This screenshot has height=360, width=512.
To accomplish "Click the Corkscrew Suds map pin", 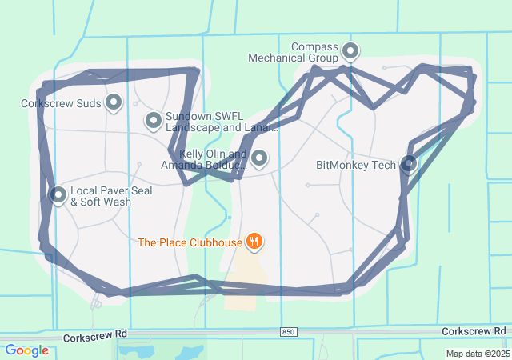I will click(114, 102).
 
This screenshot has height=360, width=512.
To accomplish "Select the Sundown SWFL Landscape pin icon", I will click(153, 121).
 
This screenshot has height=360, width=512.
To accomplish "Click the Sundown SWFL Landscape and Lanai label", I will click(222, 122).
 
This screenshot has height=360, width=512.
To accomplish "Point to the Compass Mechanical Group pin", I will click(350, 52).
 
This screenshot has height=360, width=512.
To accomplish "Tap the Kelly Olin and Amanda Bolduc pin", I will click(259, 158).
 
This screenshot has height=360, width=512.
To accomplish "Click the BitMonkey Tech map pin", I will click(409, 164).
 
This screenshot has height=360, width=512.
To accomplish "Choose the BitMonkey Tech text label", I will click(356, 166).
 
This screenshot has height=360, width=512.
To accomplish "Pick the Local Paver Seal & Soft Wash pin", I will click(58, 194).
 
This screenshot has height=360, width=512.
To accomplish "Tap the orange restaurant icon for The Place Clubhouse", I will click(254, 240).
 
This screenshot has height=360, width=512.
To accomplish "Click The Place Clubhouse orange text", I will click(189, 242).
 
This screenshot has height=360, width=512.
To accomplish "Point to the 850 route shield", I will click(288, 331).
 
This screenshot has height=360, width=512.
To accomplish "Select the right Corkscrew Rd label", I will click(474, 330).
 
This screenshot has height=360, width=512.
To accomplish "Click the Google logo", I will click(26, 350).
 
